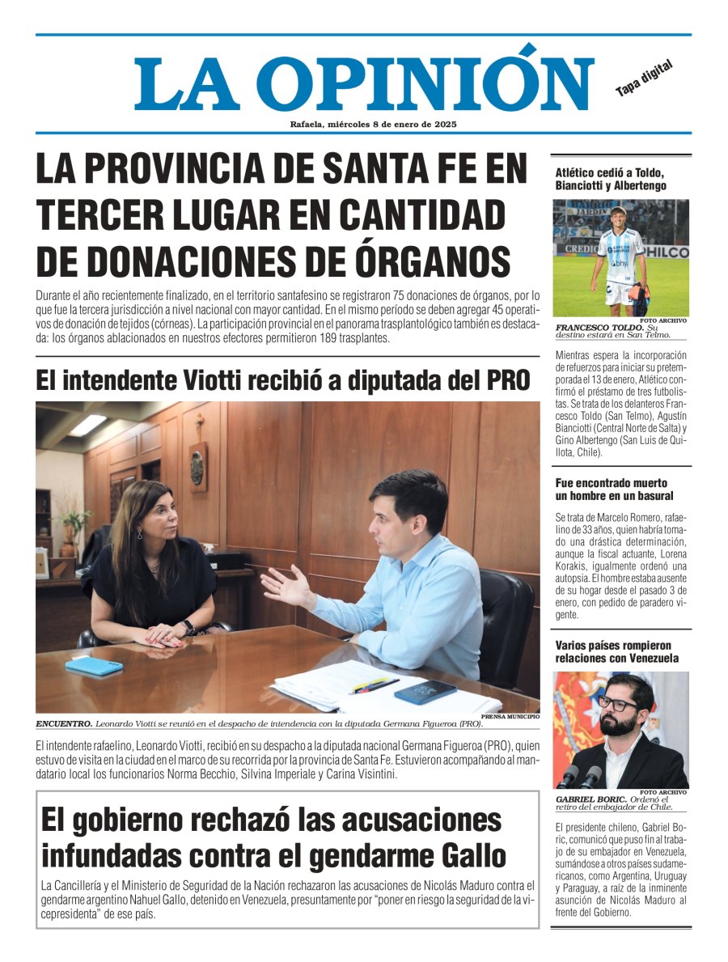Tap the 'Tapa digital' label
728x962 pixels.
[644, 78]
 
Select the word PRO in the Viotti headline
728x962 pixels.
[503, 379]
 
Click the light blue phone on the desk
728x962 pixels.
[94, 665]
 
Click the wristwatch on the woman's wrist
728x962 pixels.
[188, 627]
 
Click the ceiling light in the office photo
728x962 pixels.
[87, 425]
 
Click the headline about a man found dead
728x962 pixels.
[614, 489]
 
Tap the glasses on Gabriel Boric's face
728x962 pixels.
[617, 703]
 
